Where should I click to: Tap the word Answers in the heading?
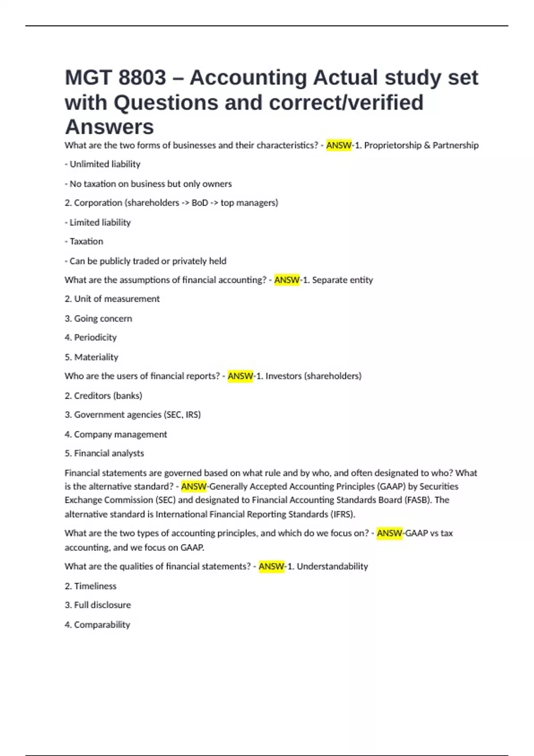[109, 127]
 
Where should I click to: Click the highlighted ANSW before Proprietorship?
[339, 145]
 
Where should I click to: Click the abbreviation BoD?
[200, 203]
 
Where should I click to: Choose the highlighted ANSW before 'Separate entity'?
[287, 280]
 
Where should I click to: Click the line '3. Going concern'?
[98, 318]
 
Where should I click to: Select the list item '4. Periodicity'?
[90, 338]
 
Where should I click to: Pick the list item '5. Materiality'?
[91, 357]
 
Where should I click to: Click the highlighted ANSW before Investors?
[240, 376]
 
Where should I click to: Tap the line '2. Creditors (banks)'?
[103, 396]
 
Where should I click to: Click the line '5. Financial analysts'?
[104, 454]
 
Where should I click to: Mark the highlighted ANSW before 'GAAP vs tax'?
[389, 533]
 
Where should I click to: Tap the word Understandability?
[332, 567]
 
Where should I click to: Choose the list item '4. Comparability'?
[97, 625]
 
